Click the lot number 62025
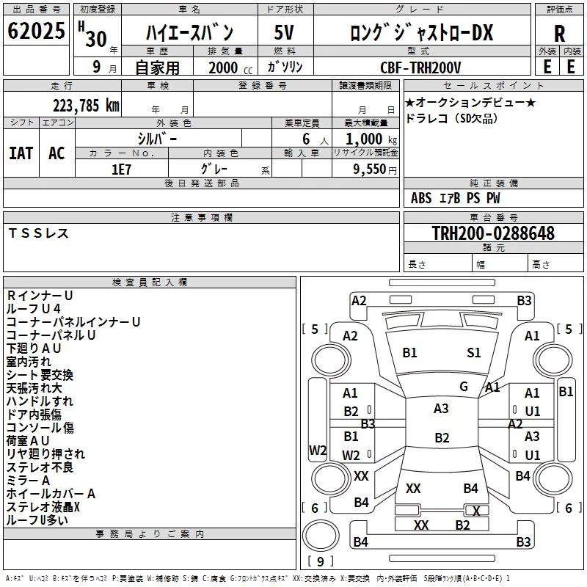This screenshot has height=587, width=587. click(x=36, y=31)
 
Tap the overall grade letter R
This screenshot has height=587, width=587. click(x=559, y=34)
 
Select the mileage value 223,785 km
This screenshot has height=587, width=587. click(x=86, y=106)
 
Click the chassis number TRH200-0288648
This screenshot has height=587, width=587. click(x=493, y=233)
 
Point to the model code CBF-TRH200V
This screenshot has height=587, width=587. click(x=420, y=68)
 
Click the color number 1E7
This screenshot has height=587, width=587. click(x=121, y=169)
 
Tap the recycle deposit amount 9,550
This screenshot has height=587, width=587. click(x=370, y=169)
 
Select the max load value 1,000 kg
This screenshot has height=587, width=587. click(x=371, y=139)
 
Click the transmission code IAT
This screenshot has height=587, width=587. click(x=21, y=153)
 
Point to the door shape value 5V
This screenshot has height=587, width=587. click(x=284, y=32)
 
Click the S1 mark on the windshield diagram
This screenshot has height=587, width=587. click(x=473, y=353)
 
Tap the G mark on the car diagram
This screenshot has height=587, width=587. click(x=464, y=387)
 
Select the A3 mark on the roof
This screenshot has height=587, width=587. click(x=441, y=409)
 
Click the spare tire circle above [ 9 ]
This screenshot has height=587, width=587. click(x=321, y=535)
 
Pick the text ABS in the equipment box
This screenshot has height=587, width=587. click(x=421, y=198)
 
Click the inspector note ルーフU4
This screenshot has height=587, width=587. click(x=33, y=308)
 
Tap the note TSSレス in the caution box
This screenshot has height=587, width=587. click(x=38, y=233)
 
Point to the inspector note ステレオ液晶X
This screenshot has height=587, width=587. click(x=43, y=507)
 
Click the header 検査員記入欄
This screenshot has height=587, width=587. click(x=150, y=282)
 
